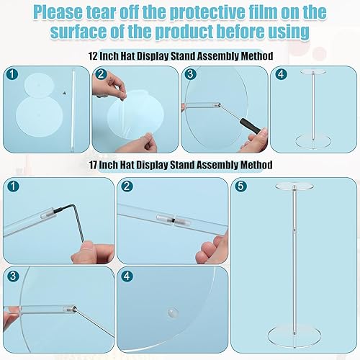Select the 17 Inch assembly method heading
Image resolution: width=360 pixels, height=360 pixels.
180,165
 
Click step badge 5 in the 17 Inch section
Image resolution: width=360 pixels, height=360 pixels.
240,186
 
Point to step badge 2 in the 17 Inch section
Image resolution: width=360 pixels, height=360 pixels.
127,186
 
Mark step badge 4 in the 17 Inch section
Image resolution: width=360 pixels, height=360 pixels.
127,275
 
